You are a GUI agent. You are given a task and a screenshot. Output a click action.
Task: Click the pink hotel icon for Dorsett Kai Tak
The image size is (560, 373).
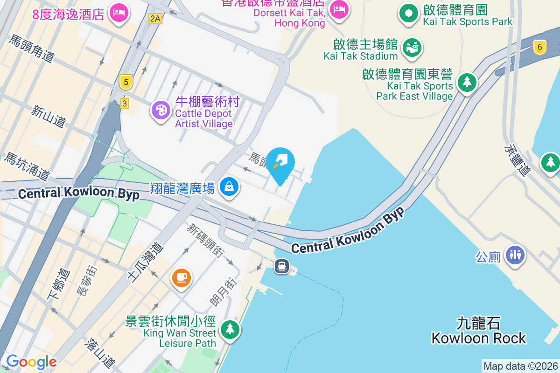pyautogui.click(x=339, y=9)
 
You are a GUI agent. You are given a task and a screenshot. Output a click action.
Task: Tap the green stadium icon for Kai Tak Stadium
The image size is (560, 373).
pyautogui.click(x=411, y=47)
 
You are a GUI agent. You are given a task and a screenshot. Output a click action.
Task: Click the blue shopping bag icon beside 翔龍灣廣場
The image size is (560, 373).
pyautogui.click(x=229, y=187)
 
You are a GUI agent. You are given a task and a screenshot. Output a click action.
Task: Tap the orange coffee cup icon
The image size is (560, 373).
pyautogui.click(x=181, y=278)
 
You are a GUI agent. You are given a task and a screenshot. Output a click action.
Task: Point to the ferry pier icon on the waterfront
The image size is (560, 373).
pyautogui.click(x=282, y=266)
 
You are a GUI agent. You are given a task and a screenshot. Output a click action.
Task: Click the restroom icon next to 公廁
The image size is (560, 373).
pyautogui.click(x=515, y=255)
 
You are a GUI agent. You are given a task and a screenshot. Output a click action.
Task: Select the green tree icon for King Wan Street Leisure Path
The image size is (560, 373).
pyautogui.click(x=230, y=329)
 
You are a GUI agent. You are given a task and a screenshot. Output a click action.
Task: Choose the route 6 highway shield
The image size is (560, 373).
pyautogui.click(x=540, y=47)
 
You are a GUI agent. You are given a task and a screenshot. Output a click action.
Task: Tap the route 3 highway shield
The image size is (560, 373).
pyautogui.click(x=124, y=104)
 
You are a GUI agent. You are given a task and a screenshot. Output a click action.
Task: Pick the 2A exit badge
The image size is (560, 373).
pyautogui.click(x=155, y=19)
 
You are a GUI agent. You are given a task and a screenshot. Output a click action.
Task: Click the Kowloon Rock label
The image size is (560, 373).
pyautogui.click(x=478, y=331)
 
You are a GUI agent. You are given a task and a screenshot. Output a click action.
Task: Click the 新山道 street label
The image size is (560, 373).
pyautogui.click(x=49, y=116)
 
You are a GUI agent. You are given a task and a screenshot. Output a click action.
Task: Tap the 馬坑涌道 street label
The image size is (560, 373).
pyautogui.click(x=27, y=166)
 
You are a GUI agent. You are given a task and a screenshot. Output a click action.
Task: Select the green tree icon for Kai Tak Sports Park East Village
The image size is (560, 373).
pyautogui.click(x=466, y=83)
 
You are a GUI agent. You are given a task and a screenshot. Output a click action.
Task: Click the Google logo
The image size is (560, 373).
pyautogui.click(x=31, y=362)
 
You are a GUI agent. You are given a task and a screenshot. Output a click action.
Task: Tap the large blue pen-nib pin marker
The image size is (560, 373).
pyautogui.click(x=280, y=163)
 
